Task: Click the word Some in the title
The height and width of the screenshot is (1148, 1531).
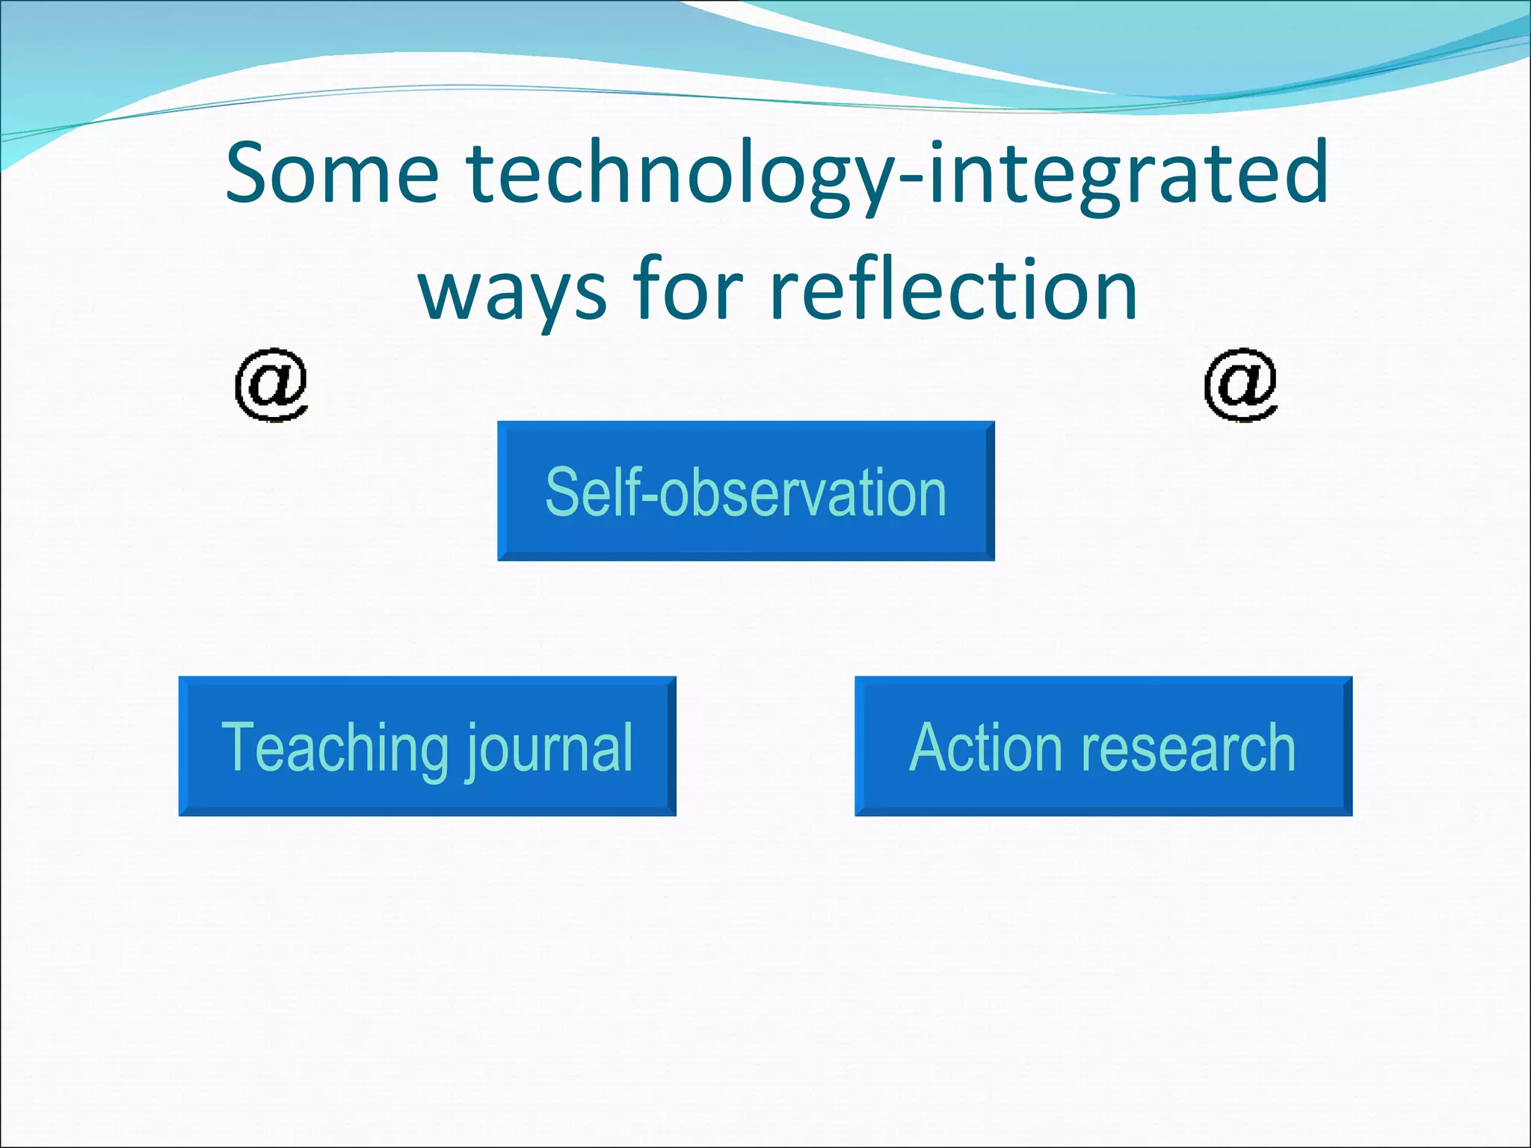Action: tap(332, 174)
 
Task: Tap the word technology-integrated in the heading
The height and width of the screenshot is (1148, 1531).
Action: tap(897, 176)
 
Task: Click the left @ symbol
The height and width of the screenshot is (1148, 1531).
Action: tap(271, 384)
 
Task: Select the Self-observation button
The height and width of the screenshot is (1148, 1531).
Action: tap(745, 490)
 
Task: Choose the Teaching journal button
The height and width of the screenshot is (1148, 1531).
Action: tap(427, 746)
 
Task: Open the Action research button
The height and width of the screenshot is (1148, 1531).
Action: tap(1103, 746)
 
